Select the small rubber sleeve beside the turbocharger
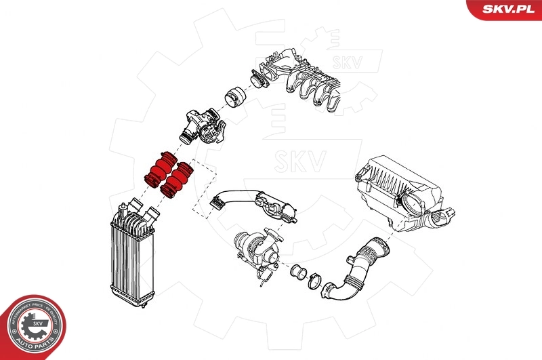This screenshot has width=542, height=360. pyautogui.click(x=296, y=273)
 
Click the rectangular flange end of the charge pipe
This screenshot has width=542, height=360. pyautogui.click(x=218, y=200)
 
